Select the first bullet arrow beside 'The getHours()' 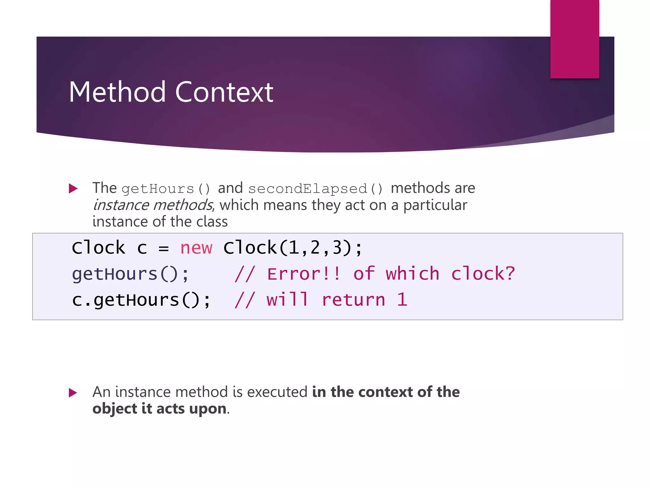coord(73,188)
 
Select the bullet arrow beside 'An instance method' coord(73,393)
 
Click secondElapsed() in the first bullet coord(315,189)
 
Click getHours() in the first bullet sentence coord(166,189)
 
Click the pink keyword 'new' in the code coord(196,248)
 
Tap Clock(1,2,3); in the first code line coord(292,248)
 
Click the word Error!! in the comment coord(304,274)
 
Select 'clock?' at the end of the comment coord(483,274)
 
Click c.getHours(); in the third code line coord(141,300)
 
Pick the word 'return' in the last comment coord(353,300)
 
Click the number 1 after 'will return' coord(402,300)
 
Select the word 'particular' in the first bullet coord(435,205)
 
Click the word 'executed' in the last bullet coord(277,392)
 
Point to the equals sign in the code coord(163,248)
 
